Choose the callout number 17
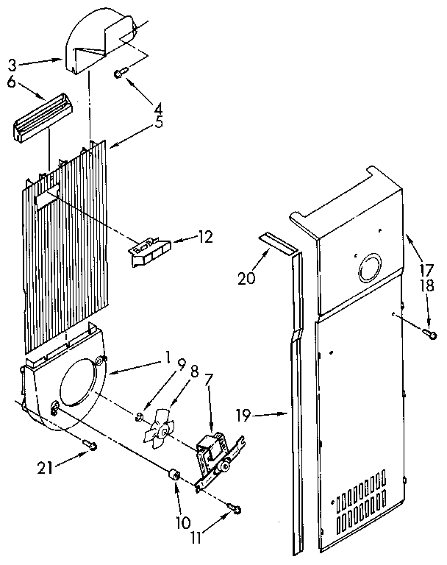click(426, 269)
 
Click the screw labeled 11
click(235, 507)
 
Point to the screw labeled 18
click(428, 334)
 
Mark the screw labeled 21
click(90, 444)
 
